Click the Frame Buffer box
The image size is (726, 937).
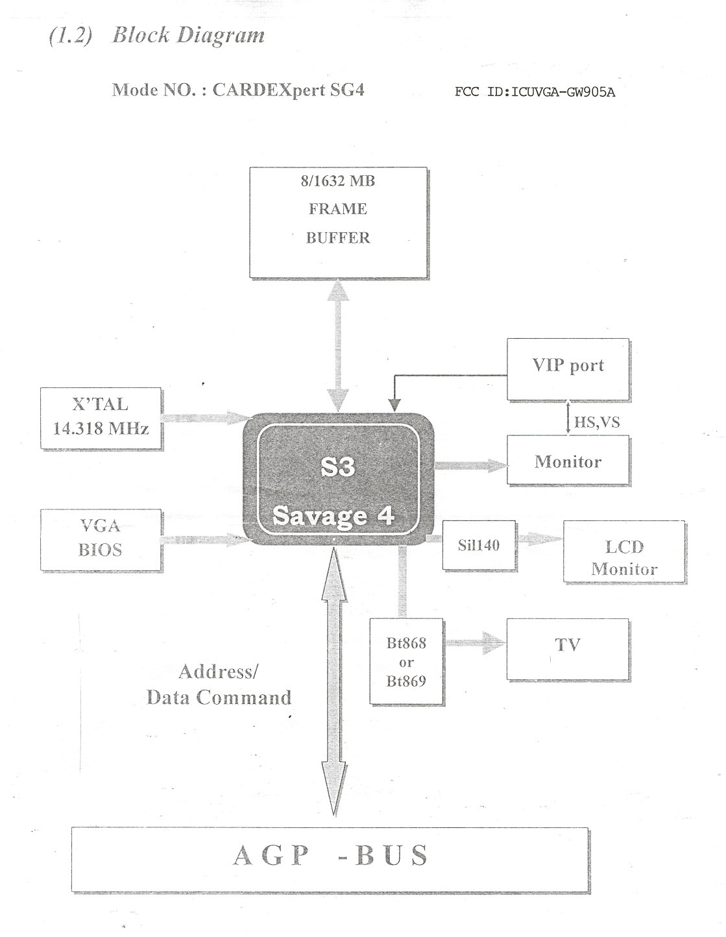pyautogui.click(x=338, y=222)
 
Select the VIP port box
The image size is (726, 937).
pyautogui.click(x=568, y=368)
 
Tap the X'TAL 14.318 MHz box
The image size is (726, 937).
pyautogui.click(x=101, y=417)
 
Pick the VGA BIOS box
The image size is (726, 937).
pyautogui.click(x=101, y=539)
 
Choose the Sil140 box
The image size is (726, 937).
pyautogui.click(x=479, y=545)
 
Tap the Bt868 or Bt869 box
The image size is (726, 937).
pyautogui.click(x=406, y=662)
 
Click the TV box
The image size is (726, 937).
pyautogui.click(x=568, y=649)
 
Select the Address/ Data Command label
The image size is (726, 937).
pyautogui.click(x=219, y=685)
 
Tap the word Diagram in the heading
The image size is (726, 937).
pyautogui.click(x=221, y=35)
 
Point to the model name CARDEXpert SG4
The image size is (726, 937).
pyautogui.click(x=288, y=90)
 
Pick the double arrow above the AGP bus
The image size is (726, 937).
pyautogui.click(x=336, y=681)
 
